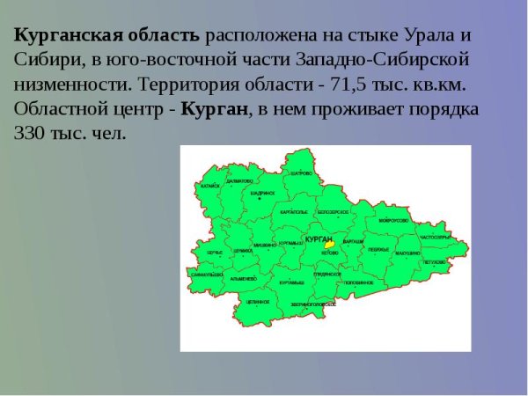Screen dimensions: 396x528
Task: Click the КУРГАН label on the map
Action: [x=319, y=239]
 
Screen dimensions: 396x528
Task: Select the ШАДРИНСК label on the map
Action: [x=263, y=193]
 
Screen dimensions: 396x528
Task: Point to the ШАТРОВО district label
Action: [x=301, y=173]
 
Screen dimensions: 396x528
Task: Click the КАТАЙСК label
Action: [x=209, y=187]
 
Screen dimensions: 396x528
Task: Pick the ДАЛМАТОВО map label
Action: [x=239, y=181]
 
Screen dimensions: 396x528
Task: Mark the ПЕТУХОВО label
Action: [x=434, y=262]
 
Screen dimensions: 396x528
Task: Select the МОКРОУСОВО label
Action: [x=392, y=220]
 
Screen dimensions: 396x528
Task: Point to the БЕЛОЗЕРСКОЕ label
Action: [x=333, y=212]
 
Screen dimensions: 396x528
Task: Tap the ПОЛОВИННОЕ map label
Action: [x=359, y=282]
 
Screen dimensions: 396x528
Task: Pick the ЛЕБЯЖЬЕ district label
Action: [x=378, y=250]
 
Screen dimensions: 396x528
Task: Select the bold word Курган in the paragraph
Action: [x=220, y=112]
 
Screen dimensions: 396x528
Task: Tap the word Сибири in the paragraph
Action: [x=40, y=62]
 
